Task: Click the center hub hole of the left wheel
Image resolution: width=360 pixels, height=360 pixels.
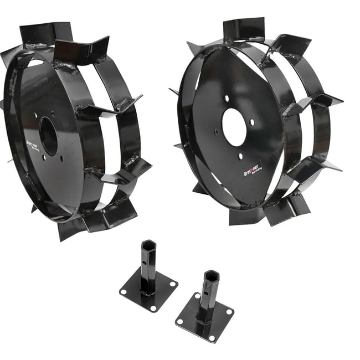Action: [49, 136]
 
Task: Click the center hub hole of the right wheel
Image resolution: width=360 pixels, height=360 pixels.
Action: [234, 127]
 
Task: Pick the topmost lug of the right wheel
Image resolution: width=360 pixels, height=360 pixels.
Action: [244, 29]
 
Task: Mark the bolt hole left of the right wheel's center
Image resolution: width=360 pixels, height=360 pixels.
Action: [217, 132]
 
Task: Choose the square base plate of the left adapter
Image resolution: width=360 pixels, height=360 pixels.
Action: [148, 291]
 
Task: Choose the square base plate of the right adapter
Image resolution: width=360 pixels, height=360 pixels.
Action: [205, 318]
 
